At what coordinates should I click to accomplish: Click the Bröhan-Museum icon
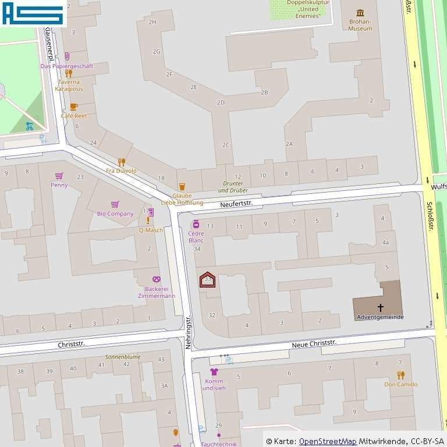(x=360, y=13)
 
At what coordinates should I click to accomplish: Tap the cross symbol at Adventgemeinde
(x=381, y=307)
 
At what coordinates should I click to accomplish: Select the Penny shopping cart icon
(x=59, y=176)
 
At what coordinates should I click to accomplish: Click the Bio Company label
(x=115, y=214)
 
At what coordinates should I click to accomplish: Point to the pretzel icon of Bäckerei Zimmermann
(x=156, y=280)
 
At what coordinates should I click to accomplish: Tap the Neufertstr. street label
(x=236, y=204)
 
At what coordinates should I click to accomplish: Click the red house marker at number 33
(x=207, y=280)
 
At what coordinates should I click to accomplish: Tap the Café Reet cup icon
(x=73, y=107)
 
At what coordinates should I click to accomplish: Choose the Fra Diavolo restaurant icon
(x=121, y=162)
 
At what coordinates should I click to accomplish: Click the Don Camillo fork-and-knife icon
(x=400, y=375)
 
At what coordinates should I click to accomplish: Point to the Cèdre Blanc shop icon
(x=196, y=224)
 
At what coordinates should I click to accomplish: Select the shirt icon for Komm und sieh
(x=214, y=371)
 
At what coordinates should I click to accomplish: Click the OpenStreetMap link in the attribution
(x=328, y=441)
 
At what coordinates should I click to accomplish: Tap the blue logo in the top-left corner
(x=33, y=13)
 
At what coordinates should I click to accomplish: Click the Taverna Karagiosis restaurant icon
(x=69, y=73)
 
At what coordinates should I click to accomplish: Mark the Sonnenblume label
(x=122, y=356)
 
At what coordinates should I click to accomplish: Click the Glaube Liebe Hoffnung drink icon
(x=182, y=187)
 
